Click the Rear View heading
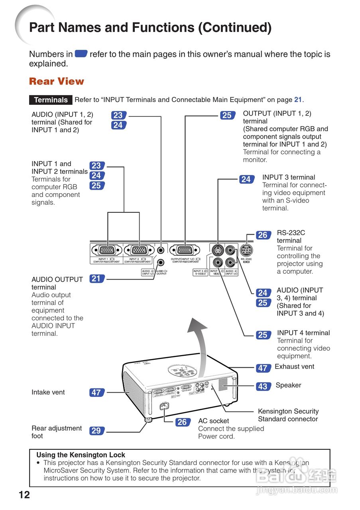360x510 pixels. coord(57,81)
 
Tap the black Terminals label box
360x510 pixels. coord(51,100)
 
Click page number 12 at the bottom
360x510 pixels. coord(24,495)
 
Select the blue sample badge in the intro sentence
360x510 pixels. coord(81,54)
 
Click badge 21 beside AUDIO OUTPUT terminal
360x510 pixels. coord(96,279)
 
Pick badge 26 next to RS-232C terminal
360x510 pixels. coord(262,235)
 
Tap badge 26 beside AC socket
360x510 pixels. coord(182,422)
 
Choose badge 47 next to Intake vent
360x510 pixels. coord(96,392)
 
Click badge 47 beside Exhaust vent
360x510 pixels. coord(262,368)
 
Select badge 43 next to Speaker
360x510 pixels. coord(262,386)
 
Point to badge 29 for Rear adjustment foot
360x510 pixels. coord(96,431)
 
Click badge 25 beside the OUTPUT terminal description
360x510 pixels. coord(226,116)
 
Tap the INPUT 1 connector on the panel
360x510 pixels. coord(106,250)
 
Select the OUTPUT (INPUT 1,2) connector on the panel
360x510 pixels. coord(185,250)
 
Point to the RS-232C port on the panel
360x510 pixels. coord(246,250)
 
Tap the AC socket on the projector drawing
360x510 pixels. coord(164,407)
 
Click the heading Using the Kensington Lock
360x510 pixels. coord(81,455)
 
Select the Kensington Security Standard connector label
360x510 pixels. coord(288,415)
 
